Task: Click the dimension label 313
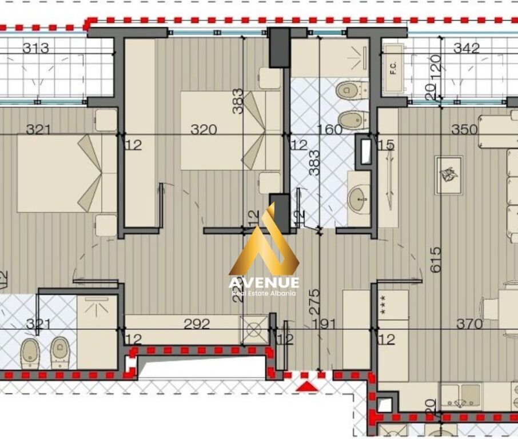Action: (x=35, y=49)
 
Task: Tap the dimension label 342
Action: (x=466, y=49)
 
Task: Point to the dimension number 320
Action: (x=204, y=130)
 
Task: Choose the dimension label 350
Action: (x=464, y=130)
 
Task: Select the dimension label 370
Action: (x=469, y=324)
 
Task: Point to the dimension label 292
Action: (x=197, y=324)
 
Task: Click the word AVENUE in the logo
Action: (x=264, y=282)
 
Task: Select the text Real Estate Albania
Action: (x=264, y=293)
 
